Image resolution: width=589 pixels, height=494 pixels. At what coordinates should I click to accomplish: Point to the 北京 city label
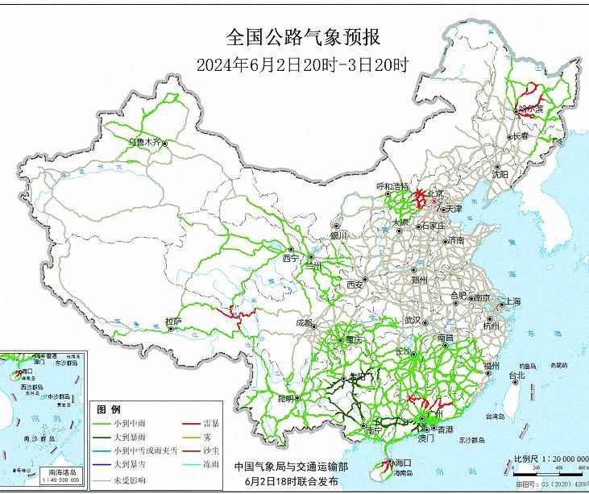tap(435, 193)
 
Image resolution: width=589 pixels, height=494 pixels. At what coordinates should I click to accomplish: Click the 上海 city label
tap(512, 302)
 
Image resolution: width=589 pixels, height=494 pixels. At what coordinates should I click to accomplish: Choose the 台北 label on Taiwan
tap(515, 375)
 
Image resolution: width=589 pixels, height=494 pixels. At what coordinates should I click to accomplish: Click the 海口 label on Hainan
tap(403, 463)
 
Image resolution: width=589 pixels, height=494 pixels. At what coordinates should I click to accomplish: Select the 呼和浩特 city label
tap(394, 186)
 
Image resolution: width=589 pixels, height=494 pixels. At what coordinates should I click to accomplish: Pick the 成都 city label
tap(304, 322)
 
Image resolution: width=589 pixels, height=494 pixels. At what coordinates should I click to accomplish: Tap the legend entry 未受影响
tap(136, 482)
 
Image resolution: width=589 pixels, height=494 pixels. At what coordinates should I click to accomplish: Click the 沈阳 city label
tap(500, 173)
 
